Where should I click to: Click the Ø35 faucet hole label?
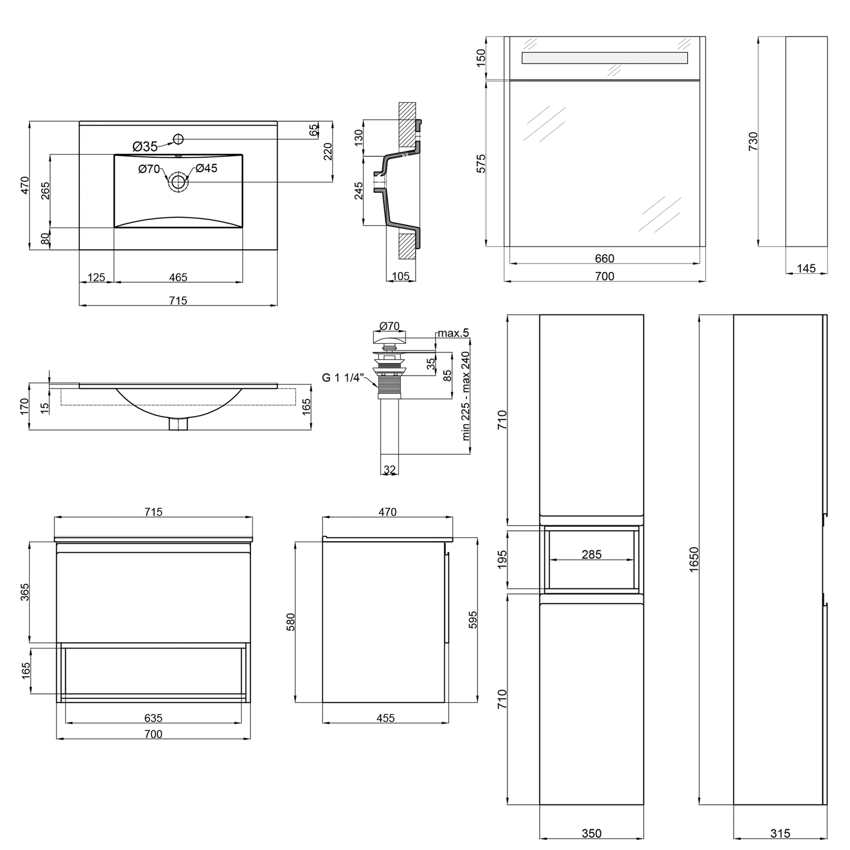144,147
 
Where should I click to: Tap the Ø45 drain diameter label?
207,168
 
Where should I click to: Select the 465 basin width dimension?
178,277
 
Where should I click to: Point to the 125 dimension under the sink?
96,277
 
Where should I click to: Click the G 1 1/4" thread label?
343,377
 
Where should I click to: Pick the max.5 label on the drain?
453,333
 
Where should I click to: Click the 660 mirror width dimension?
604,258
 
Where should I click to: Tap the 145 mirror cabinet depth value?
806,268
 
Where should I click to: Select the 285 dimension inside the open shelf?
591,554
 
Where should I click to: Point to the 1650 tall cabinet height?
694,559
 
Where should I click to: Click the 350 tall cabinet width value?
591,833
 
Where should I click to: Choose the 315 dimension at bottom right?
780,833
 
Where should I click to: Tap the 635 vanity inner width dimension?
153,718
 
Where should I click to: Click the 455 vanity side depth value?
385,718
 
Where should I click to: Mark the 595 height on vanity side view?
473,620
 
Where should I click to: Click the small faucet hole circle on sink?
178,139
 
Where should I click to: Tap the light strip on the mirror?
604,58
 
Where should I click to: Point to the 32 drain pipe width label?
389,470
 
